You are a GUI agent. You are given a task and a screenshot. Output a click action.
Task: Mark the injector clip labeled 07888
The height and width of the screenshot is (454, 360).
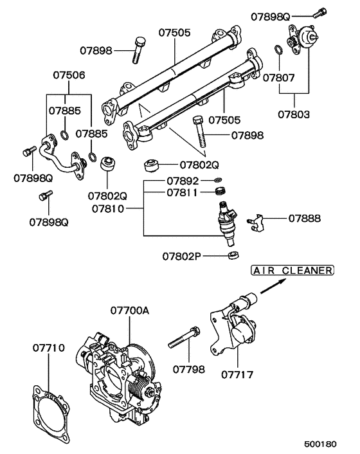(258, 221)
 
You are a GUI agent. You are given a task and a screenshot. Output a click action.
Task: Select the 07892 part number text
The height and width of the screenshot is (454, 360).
(183, 181)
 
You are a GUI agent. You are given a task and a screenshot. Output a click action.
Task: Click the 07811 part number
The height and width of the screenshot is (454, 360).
(183, 192)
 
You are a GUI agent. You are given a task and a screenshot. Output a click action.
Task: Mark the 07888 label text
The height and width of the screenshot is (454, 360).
(304, 219)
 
